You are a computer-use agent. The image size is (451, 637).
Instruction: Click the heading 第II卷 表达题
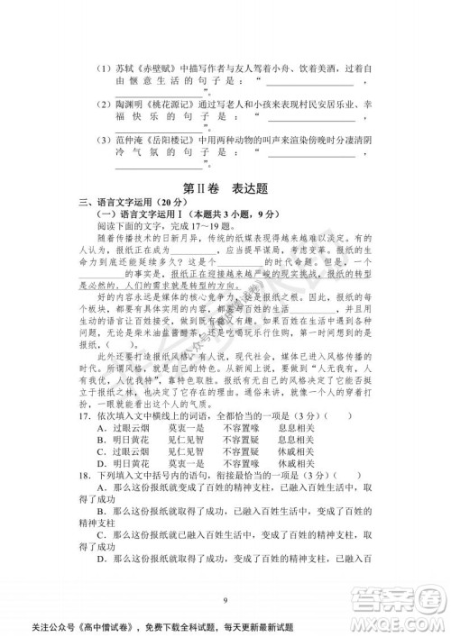[225, 188]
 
